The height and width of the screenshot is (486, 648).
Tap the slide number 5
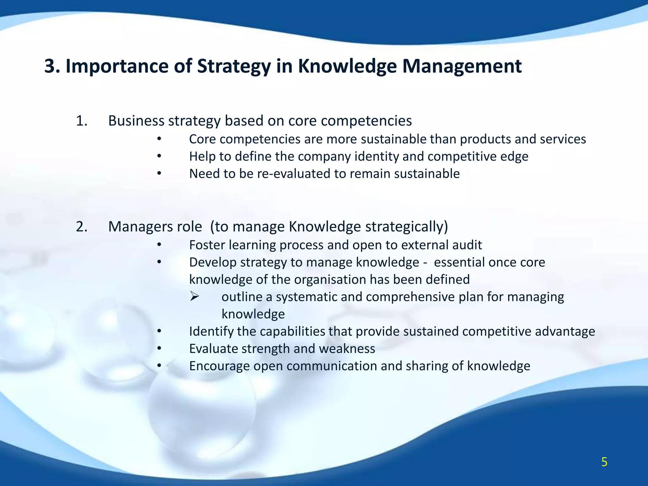[x=604, y=462]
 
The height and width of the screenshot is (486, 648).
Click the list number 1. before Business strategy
[x=82, y=121]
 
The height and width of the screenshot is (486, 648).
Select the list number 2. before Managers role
[x=82, y=227]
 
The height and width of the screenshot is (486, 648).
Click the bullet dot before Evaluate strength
[x=159, y=349]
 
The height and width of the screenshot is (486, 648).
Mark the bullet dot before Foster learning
[x=159, y=245]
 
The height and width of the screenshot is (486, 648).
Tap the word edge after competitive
[x=514, y=157]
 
